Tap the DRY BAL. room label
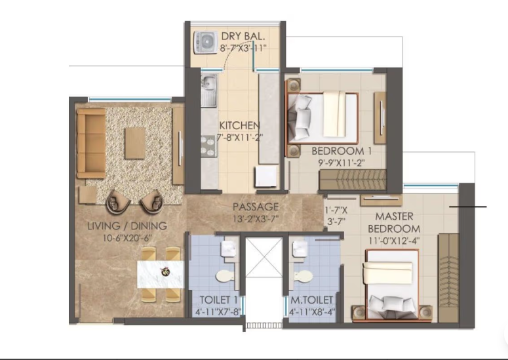[x=243, y=35]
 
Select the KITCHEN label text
[x=239, y=125]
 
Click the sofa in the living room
[x=90, y=142]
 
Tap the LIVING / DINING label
[x=127, y=226]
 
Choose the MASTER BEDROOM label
[x=393, y=222]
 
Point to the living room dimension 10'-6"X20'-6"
[x=127, y=238]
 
